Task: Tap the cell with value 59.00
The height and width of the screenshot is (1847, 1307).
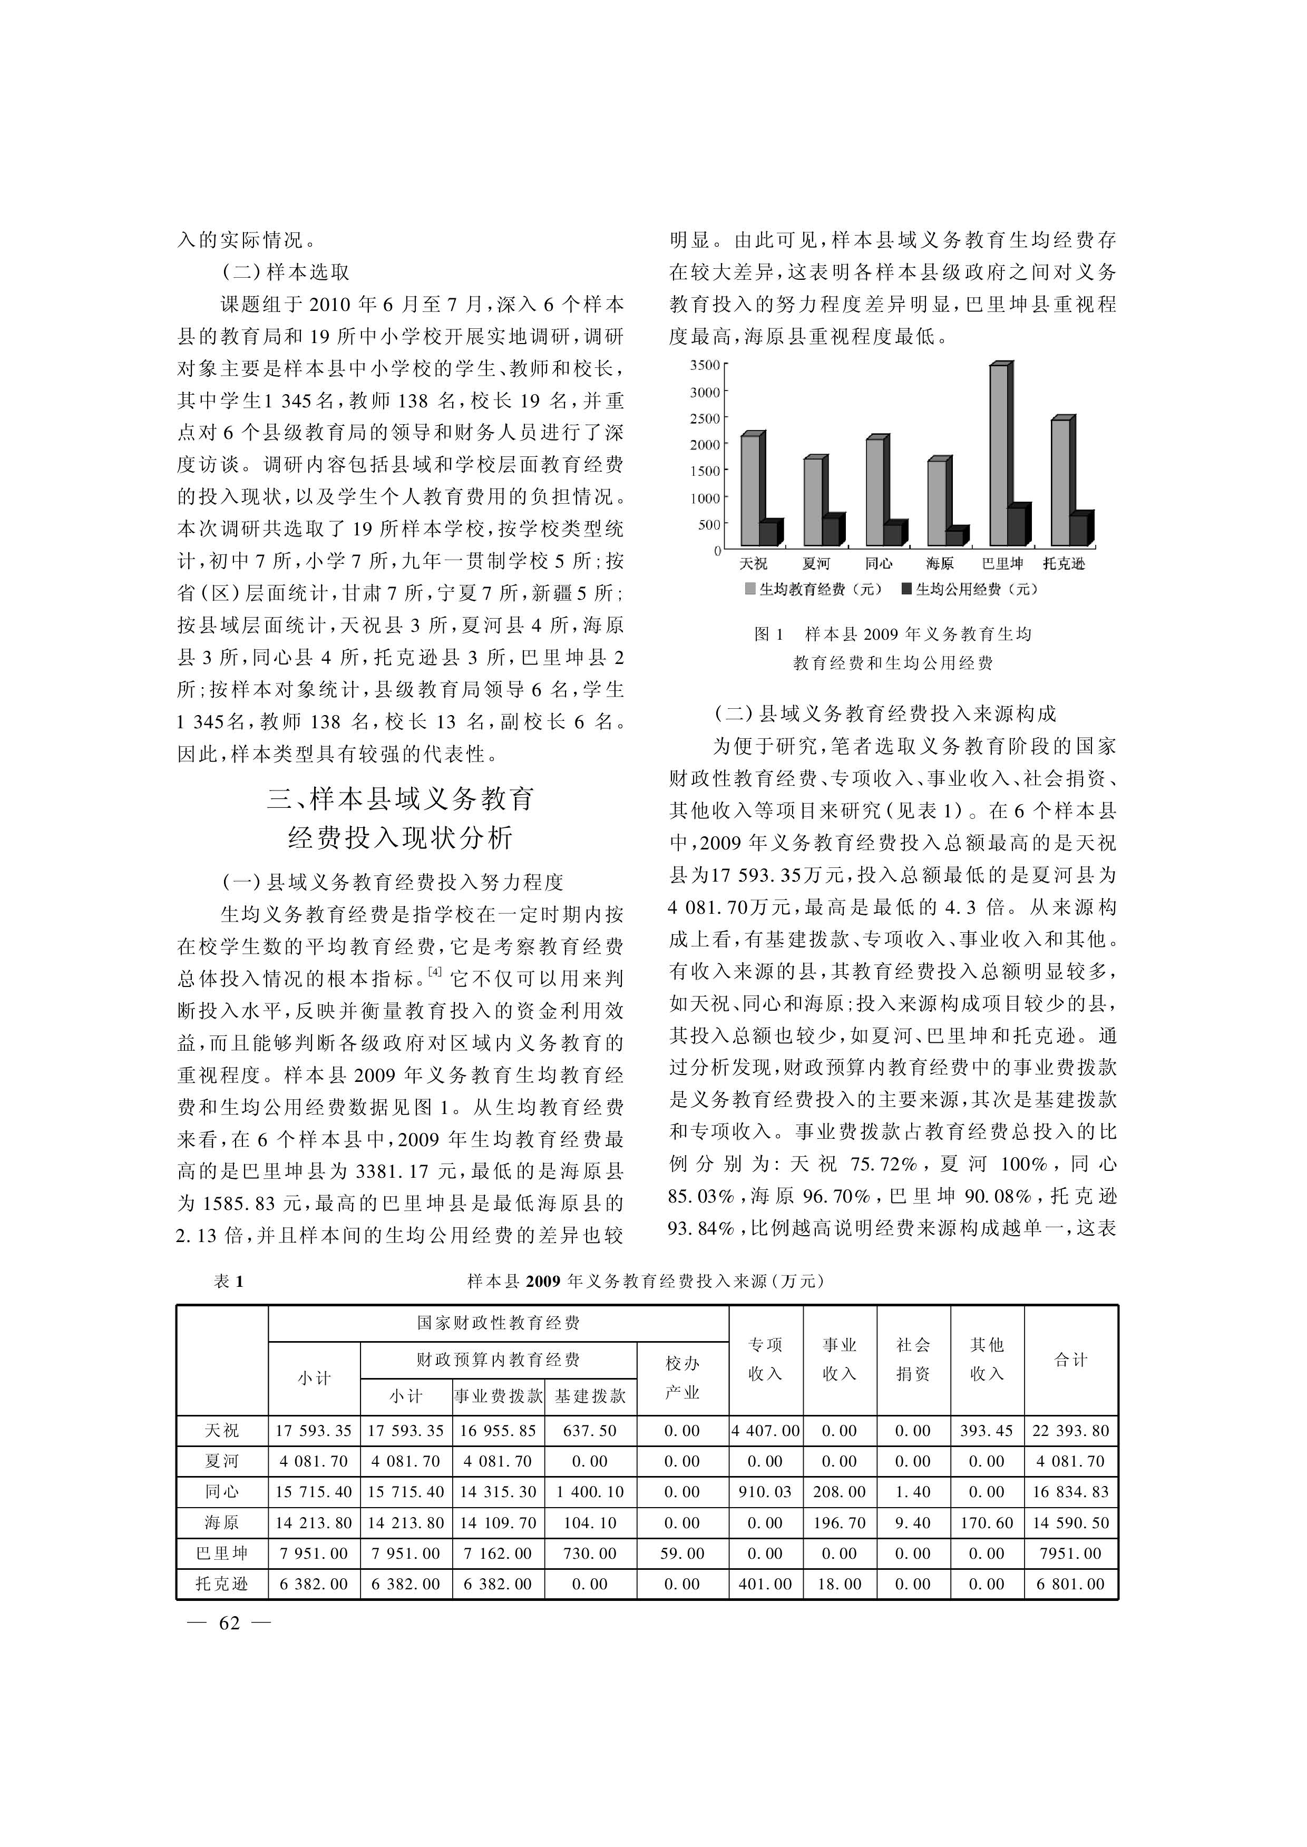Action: point(682,1554)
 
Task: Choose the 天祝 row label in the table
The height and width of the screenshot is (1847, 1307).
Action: point(221,1431)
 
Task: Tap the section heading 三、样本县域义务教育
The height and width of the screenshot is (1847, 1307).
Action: point(401,799)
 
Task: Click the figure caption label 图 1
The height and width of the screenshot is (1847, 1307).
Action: point(768,634)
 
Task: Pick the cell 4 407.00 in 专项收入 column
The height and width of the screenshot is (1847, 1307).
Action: point(765,1431)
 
